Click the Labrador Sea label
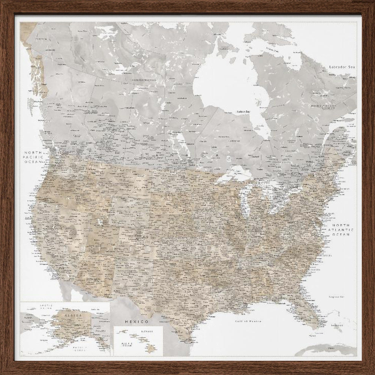pyautogui.click(x=342, y=67)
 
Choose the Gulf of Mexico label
pyautogui.click(x=248, y=321)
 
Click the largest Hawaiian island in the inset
pyautogui.click(x=151, y=349)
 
